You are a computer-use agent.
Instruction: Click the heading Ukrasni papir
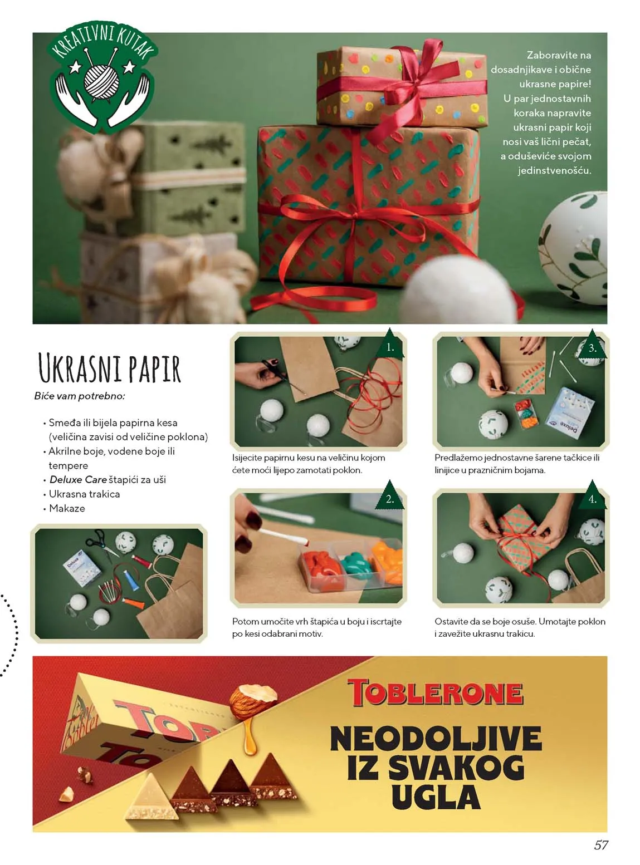pos(110,369)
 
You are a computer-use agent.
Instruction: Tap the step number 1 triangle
pos(390,346)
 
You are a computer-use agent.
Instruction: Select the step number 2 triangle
pos(390,497)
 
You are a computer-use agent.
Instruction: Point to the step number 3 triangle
pos(592,347)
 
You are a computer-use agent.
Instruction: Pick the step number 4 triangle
pos(592,498)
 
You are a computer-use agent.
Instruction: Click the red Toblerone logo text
pos(435,692)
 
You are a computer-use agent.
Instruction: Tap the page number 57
pos(600,845)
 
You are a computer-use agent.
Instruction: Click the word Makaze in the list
pos(67,508)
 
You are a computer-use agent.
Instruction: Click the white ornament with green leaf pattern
pos(574,248)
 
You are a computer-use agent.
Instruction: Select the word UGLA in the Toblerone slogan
pos(436,797)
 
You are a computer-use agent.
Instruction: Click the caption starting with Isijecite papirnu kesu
pos(309,464)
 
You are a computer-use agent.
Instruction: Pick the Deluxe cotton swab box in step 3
pos(568,412)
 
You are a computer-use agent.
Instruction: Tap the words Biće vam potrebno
pos(80,396)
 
